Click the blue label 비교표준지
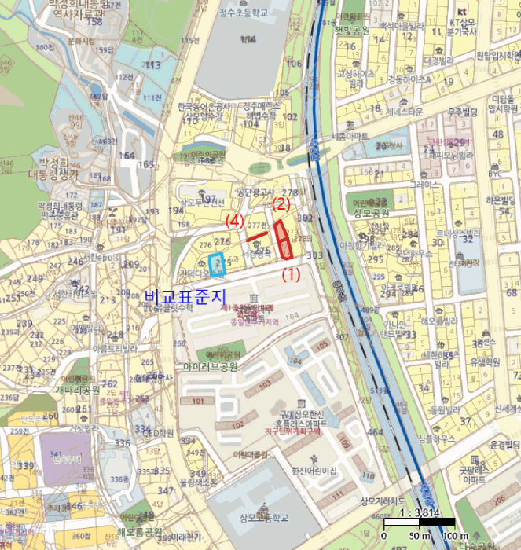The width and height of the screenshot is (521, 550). click(x=185, y=296)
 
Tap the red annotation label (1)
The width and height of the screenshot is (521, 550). click(x=292, y=275)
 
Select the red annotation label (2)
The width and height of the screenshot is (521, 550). click(x=281, y=204)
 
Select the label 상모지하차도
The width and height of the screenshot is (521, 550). click(x=380, y=500)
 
